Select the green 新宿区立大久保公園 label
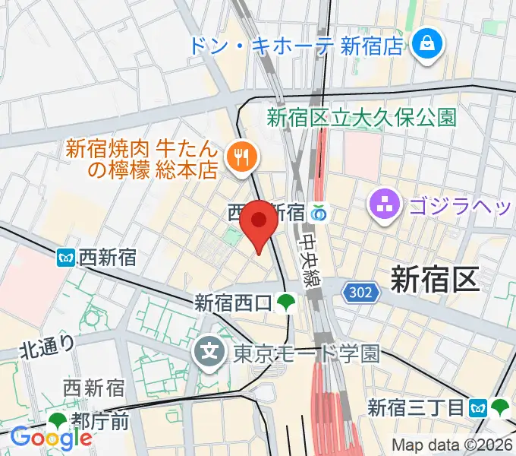click(x=361, y=118)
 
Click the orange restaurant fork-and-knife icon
click(x=243, y=157)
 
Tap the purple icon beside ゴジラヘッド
click(x=383, y=203)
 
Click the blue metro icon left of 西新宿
click(x=67, y=258)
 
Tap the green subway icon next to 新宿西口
click(x=286, y=303)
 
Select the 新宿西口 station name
click(x=232, y=303)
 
